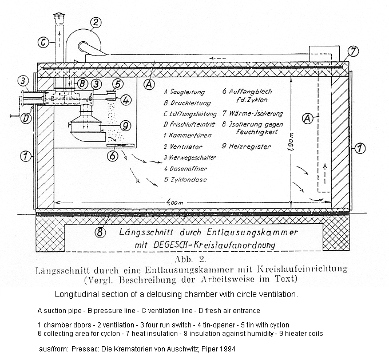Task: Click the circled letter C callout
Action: click(42, 41)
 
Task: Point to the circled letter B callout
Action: click(82, 84)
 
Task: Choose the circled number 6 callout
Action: click(113, 155)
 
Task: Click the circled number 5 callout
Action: click(118, 84)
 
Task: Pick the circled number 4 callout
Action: click(126, 99)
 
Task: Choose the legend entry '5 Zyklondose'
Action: click(184, 179)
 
